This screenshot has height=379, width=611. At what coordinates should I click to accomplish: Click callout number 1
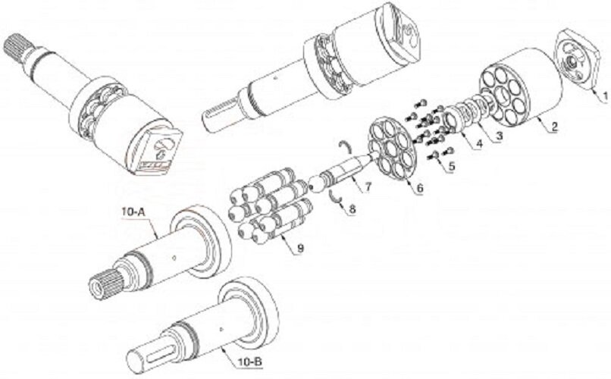[x=604, y=96]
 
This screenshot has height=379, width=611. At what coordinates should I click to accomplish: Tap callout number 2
[x=554, y=127]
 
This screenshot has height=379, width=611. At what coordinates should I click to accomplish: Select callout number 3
[x=499, y=136]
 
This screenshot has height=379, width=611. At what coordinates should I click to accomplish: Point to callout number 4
[x=479, y=144]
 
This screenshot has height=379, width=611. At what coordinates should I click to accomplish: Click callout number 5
[x=451, y=166]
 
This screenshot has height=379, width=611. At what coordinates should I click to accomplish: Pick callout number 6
[x=419, y=188]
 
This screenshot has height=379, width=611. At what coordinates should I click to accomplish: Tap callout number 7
[x=368, y=186]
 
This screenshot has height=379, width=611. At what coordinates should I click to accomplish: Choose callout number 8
[x=352, y=209]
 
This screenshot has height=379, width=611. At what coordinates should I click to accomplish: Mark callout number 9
[x=300, y=247]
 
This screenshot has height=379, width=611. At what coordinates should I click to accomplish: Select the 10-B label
[x=249, y=362]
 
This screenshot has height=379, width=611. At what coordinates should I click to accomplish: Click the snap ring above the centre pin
[x=344, y=147]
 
